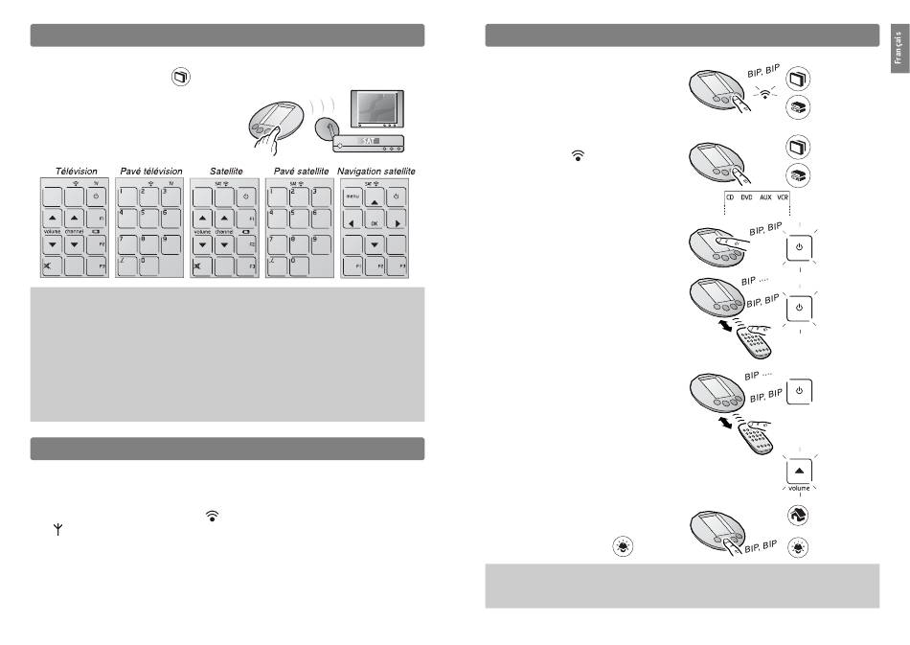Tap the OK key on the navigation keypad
376,219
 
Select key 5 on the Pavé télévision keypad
148,219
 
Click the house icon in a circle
798,514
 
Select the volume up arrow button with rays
799,471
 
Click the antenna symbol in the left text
57,529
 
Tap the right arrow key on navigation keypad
401,220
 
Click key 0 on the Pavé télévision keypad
148,265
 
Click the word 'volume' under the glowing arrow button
799,488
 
